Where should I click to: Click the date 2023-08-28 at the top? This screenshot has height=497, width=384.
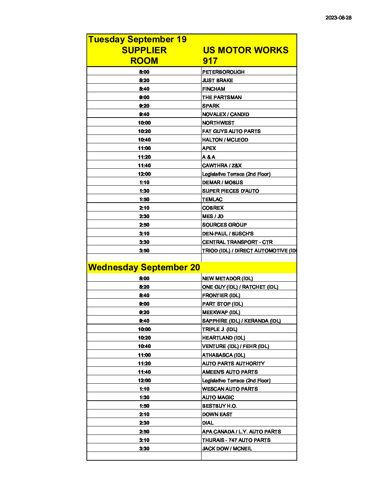338,18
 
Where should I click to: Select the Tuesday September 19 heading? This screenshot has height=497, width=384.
137,39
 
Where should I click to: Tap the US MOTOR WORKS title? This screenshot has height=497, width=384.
245,50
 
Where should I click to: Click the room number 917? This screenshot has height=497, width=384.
210,61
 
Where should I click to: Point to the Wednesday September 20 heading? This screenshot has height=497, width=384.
144,267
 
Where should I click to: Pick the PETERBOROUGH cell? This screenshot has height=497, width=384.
223,72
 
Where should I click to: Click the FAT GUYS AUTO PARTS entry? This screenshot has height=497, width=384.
231,131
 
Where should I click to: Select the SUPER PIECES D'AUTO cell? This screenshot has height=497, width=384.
230,191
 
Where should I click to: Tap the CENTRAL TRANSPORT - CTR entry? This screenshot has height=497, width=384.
237,242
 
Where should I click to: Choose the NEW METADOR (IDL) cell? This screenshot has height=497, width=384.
227,279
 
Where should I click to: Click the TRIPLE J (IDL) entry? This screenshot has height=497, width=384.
220,329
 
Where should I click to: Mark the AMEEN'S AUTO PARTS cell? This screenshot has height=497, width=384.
230,372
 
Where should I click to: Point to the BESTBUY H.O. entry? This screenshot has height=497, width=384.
219,406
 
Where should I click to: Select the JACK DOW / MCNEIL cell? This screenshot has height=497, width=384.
227,449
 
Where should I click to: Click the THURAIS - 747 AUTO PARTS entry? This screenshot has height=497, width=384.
236,440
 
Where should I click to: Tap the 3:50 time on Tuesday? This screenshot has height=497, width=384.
144,251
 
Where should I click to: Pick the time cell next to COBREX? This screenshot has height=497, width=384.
144,208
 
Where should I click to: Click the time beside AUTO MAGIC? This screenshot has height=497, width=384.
144,397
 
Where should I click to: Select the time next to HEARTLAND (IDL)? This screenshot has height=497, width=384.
144,338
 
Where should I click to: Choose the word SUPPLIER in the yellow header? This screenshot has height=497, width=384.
144,50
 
